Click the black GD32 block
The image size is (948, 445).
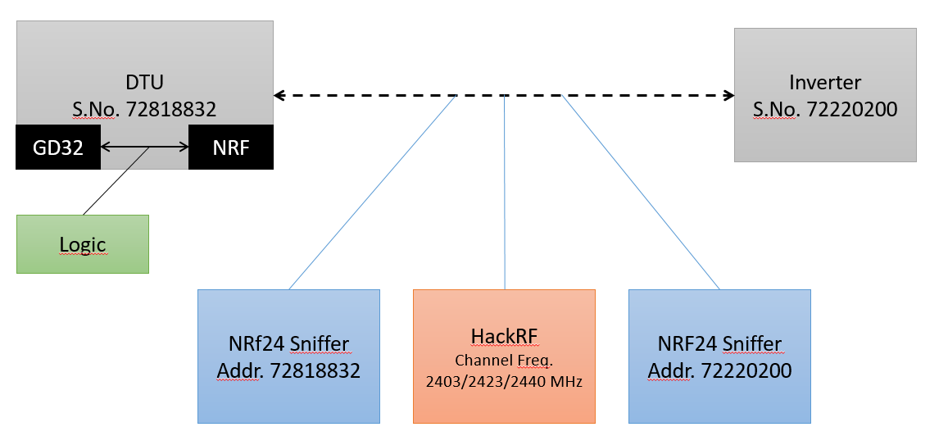click(58, 148)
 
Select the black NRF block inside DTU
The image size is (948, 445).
click(230, 148)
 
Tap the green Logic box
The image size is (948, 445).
click(83, 244)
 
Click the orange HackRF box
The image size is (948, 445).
click(504, 356)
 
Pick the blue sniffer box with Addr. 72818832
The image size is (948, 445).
click(288, 356)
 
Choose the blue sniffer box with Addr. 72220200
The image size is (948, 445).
click(719, 356)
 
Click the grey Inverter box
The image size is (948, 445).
click(825, 95)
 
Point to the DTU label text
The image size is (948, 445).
click(144, 83)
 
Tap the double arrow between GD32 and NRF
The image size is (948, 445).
click(144, 148)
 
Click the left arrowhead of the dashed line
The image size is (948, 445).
click(279, 96)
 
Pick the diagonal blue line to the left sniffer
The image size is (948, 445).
click(373, 193)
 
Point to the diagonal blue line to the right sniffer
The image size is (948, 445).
click(641, 193)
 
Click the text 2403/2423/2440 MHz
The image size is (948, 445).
click(504, 380)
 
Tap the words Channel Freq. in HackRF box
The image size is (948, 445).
click(504, 360)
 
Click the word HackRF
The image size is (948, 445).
click(504, 337)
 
